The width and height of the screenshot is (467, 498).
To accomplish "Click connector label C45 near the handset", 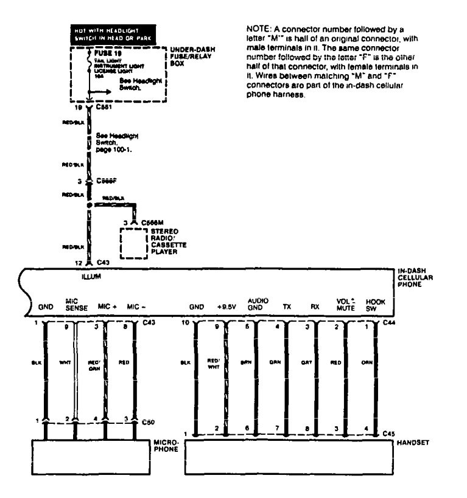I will [x=390, y=434].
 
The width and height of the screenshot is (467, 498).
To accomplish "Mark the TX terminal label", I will [x=287, y=307].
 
